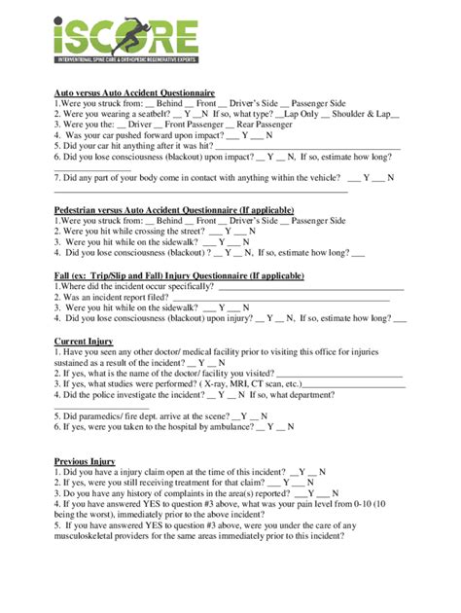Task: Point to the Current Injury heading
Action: [84, 342]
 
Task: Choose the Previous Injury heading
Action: [86, 461]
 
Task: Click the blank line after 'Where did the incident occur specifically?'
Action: [312, 288]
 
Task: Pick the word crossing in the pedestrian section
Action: [152, 232]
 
